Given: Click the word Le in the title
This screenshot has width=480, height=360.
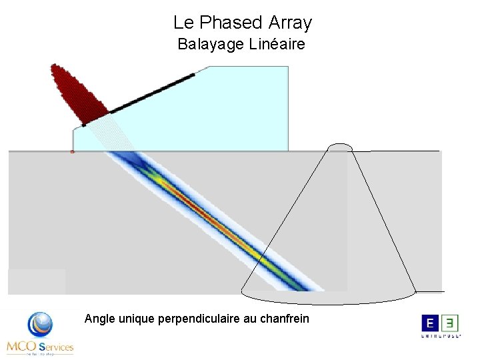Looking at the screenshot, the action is [183, 23].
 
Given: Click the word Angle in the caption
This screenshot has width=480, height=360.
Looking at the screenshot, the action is [100, 319].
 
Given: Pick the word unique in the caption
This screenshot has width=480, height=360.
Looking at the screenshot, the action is [137, 319].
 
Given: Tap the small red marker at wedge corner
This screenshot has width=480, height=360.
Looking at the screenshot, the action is [72, 152].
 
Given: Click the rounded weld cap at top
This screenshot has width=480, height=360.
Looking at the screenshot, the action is [340, 147].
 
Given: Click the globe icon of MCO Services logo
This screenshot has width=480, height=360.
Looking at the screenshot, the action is [40, 325].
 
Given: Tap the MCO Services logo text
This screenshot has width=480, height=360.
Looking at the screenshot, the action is [40, 347].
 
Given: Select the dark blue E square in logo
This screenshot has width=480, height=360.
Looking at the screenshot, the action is [430, 323].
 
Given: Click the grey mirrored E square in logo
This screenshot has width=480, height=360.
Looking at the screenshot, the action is [451, 323].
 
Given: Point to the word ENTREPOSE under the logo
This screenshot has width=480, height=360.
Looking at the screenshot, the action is [441, 337].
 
